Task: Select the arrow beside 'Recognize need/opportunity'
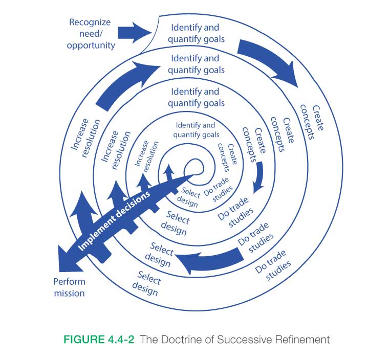(x=135, y=32)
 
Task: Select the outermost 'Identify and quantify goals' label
(x=198, y=33)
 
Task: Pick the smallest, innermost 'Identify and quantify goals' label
(x=196, y=130)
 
